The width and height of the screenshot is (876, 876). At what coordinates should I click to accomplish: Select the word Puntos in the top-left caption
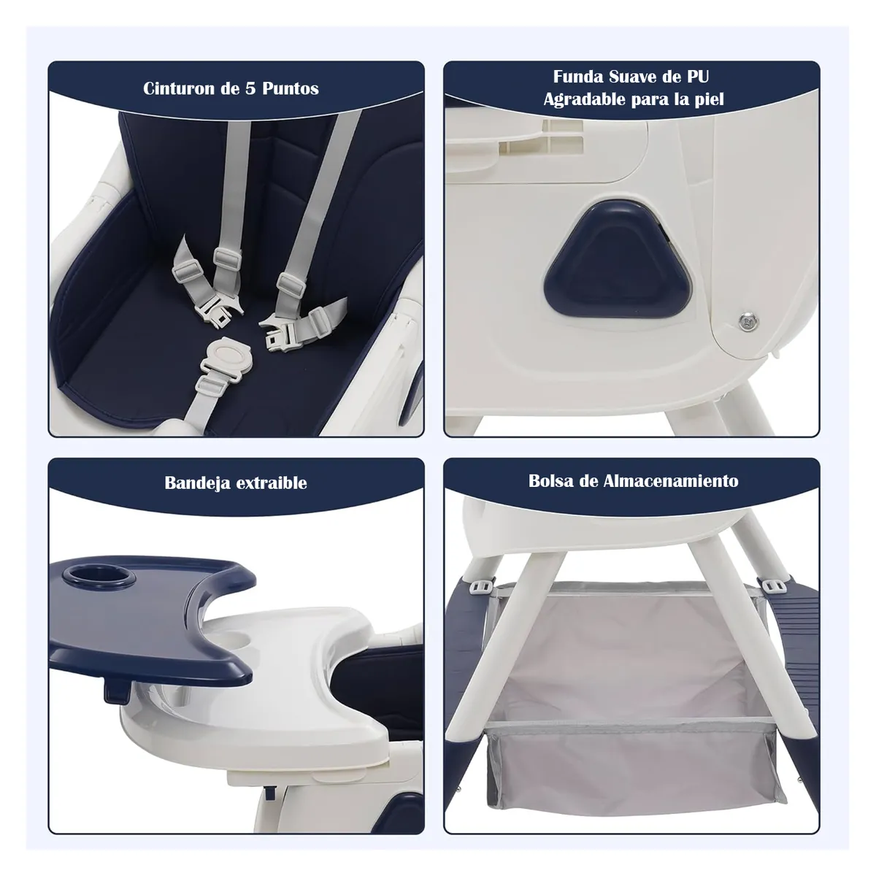[291, 89]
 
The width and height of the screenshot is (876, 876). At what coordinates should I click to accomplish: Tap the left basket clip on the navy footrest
[480, 586]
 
